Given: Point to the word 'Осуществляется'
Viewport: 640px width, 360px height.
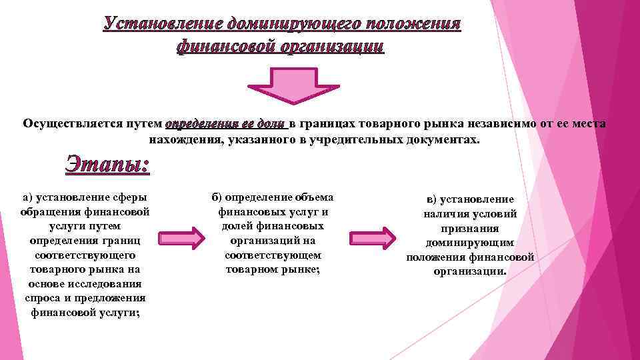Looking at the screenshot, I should pyautogui.click(x=70, y=124).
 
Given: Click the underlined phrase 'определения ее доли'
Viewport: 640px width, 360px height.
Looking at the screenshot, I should pyautogui.click(x=225, y=124).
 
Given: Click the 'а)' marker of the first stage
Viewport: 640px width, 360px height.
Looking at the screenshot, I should pyautogui.click(x=27, y=197).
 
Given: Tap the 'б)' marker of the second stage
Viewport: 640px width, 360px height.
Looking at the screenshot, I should pyautogui.click(x=217, y=197).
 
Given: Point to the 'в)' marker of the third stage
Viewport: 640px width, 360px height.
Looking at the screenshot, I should pyautogui.click(x=432, y=199).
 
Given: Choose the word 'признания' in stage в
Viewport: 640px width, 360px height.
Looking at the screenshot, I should pyautogui.click(x=470, y=229).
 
